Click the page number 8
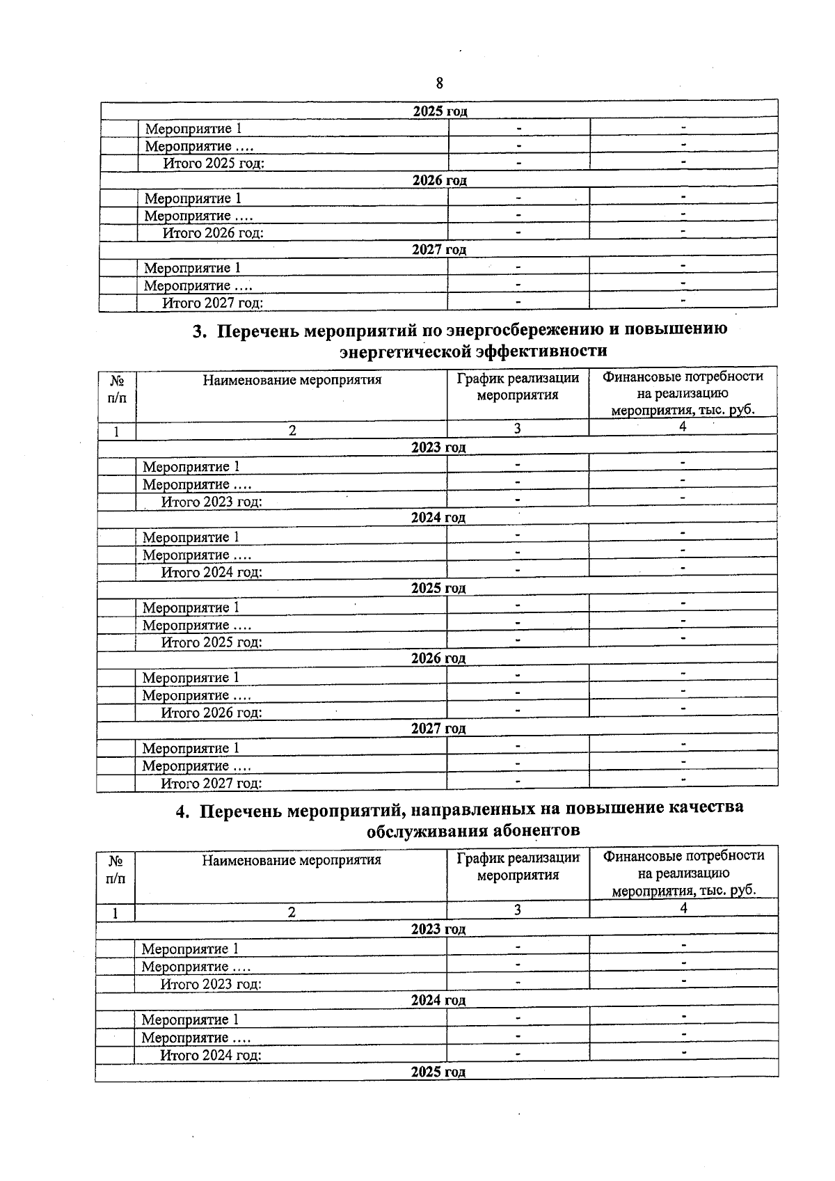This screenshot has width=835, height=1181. [439, 84]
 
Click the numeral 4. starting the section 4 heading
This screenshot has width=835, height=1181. [182, 811]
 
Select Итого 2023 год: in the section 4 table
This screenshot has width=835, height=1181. [211, 984]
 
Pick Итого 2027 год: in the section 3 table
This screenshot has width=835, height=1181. [212, 784]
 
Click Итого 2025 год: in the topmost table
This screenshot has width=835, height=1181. [214, 164]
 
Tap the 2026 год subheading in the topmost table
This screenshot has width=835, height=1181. [439, 180]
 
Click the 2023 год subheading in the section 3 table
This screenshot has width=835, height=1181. [438, 447]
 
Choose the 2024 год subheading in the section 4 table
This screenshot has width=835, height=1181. [438, 1000]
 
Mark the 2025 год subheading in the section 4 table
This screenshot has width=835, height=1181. [438, 1072]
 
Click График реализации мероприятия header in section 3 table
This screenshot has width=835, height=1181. [518, 386]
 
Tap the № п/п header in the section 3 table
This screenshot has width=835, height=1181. [117, 390]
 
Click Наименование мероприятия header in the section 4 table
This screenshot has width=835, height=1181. [292, 860]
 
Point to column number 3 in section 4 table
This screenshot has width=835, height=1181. [518, 910]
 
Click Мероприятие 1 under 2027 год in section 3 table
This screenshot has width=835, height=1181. [191, 748]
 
